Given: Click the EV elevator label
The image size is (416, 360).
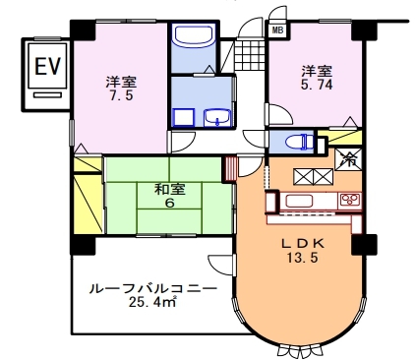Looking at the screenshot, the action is tap(48, 66).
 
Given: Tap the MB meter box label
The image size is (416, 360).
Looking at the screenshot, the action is tap(277, 30).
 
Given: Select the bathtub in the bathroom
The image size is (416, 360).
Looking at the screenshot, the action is tap(193, 36).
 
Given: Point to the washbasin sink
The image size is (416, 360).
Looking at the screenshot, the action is tap(217, 118).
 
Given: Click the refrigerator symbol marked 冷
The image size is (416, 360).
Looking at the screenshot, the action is tap(348, 159).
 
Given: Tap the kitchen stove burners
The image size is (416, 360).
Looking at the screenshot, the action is tap(350, 200).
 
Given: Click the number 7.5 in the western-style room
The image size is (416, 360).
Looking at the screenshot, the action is tap(122, 95).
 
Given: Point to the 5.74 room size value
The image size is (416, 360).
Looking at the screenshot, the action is tap(317, 85).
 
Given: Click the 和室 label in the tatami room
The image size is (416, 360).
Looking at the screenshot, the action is tap(170, 190).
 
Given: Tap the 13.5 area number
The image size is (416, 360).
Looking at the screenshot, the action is tap(303, 258).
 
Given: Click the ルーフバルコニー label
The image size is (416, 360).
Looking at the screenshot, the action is tap(153, 289).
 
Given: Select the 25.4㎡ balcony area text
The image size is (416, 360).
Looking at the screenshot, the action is tap(152, 302).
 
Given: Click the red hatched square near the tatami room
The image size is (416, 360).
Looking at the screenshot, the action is tap(229, 168).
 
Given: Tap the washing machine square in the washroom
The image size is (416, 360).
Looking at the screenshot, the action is tap(184, 118).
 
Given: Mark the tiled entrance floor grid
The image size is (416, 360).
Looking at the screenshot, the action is tap(249, 54).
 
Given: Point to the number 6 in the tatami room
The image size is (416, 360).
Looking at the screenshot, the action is tap(169, 204).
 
